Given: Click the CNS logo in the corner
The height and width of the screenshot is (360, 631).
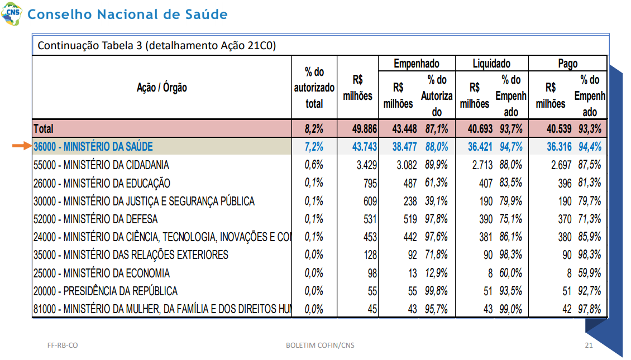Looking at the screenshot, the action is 12,13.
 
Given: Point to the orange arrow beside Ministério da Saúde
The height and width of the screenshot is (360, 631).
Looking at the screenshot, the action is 22,146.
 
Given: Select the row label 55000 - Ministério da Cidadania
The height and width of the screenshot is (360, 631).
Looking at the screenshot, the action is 101,165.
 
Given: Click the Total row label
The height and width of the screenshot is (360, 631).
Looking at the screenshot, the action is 44,129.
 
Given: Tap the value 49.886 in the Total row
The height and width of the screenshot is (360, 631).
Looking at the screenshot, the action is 364,129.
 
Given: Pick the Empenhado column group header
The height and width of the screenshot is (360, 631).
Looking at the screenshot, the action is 417,64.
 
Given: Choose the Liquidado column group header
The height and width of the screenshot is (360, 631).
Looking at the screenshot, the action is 491,64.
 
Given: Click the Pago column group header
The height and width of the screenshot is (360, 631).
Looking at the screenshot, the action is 568,64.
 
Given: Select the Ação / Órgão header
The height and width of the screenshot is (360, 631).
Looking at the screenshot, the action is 162,87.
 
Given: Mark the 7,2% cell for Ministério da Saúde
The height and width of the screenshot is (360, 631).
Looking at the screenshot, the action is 314,147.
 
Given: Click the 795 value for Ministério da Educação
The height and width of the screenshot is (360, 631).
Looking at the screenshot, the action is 370,184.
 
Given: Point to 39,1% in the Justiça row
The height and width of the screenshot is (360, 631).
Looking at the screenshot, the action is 436,201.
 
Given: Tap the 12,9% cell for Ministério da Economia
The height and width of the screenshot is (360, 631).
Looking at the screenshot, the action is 436,273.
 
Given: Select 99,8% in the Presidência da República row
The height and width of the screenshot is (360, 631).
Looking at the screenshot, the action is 436,291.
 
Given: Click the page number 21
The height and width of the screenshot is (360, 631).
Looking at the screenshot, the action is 589,345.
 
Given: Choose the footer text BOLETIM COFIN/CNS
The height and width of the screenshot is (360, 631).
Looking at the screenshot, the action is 321,345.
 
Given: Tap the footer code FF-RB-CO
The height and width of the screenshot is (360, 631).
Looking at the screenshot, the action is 63,345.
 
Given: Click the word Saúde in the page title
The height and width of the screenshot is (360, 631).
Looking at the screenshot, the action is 207,14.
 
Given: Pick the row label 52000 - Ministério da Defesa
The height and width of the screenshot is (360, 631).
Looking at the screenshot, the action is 95,219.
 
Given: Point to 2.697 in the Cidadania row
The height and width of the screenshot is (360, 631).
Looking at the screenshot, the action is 561,165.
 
